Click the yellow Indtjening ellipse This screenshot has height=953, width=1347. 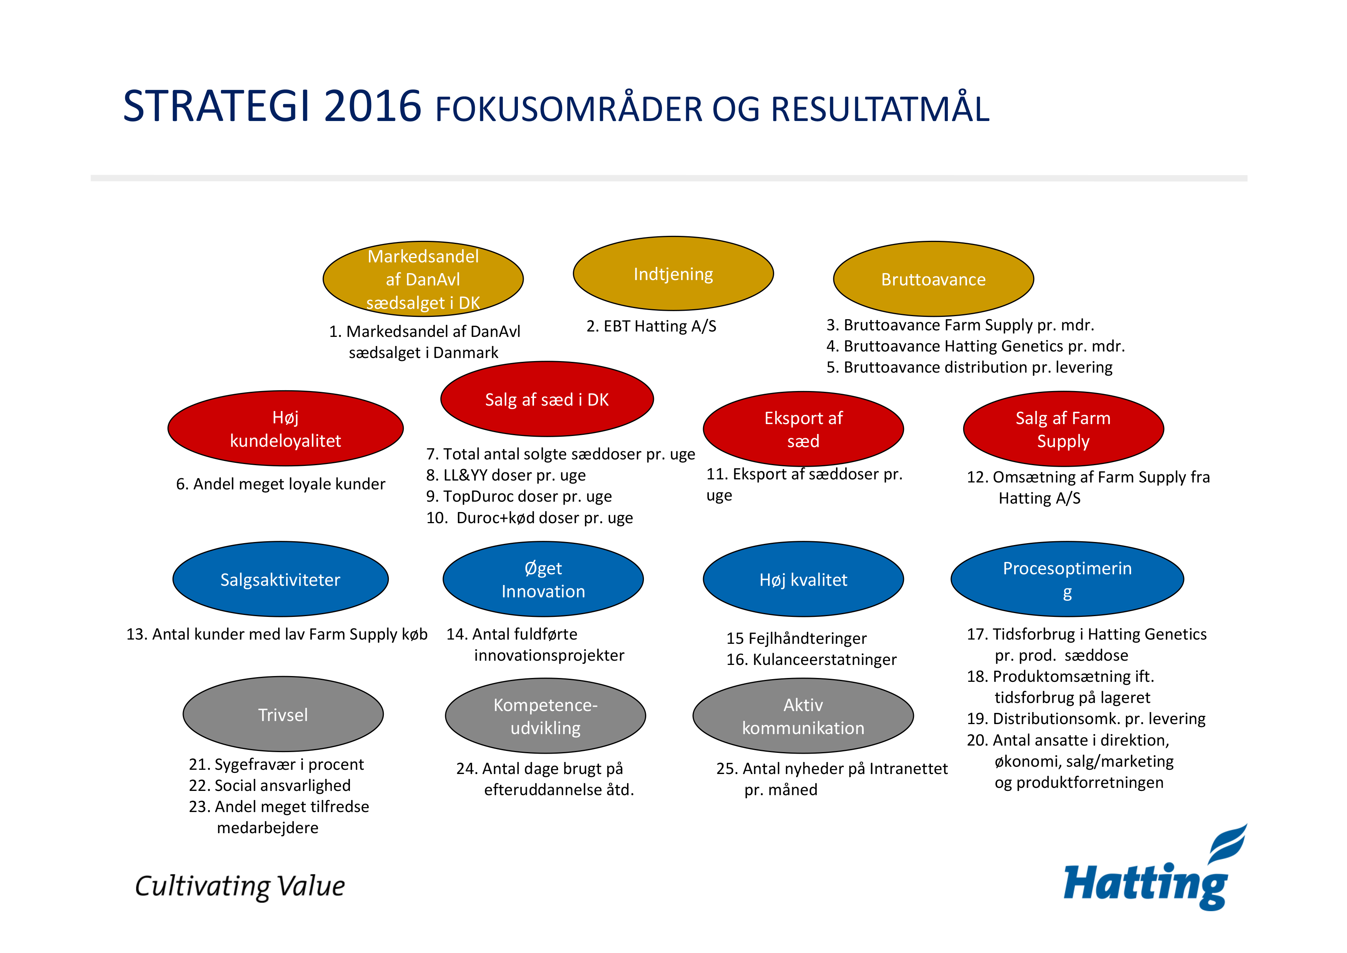pyautogui.click(x=673, y=273)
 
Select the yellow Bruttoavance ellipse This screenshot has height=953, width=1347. pyautogui.click(x=933, y=279)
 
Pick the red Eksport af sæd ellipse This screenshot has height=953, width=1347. pyautogui.click(x=803, y=429)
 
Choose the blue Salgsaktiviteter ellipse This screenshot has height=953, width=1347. pyautogui.click(x=280, y=579)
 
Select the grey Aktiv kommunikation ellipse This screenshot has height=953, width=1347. pyautogui.click(x=803, y=716)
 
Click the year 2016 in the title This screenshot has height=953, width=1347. pyautogui.click(x=373, y=106)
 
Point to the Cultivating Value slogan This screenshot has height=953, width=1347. pyautogui.click(x=240, y=887)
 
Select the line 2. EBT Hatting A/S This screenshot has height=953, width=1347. pyautogui.click(x=652, y=326)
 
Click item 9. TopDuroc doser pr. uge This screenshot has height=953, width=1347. pyautogui.click(x=519, y=496)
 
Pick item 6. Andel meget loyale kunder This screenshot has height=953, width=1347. pyautogui.click(x=280, y=484)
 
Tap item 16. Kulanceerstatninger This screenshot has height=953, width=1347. pyautogui.click(x=812, y=660)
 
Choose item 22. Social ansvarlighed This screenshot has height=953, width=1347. pyautogui.click(x=270, y=785)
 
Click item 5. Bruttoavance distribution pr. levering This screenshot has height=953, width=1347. pyautogui.click(x=970, y=367)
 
